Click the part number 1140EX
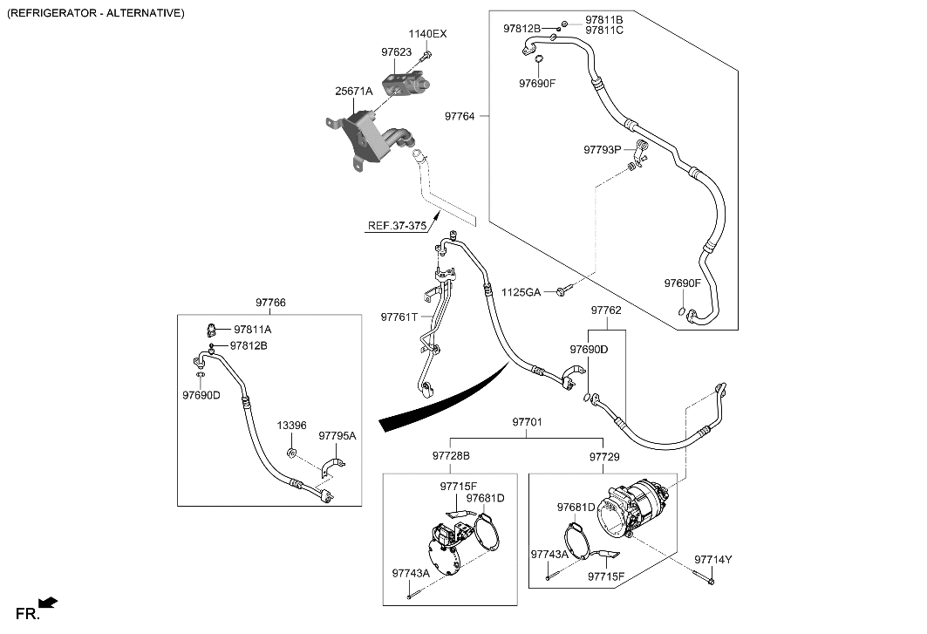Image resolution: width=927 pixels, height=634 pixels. pos(427,34)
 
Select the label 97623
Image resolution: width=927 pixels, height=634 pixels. pos(395,52)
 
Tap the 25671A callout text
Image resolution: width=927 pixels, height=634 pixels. pos(354,91)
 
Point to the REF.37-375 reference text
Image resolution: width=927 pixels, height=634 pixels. pos(397,226)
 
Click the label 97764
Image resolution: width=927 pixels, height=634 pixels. pos(460,116)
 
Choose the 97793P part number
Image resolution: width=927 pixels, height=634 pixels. pos(603,150)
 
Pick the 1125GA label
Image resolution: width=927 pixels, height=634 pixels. pos(521,292)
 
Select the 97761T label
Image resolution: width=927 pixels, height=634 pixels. pos(399,317)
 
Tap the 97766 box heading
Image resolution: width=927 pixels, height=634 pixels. pos(270,303)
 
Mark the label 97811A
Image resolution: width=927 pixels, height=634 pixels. pos(252,330)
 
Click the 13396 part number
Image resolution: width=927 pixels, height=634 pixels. pos(292,426)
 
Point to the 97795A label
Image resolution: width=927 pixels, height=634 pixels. pos(337,435)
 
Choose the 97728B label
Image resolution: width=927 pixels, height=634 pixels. pos(451,456)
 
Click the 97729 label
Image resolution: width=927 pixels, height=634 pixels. pos(604,456)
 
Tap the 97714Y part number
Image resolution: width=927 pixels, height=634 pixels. pos(713,559)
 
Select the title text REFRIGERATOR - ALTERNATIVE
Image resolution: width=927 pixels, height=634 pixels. pos(96,13)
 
